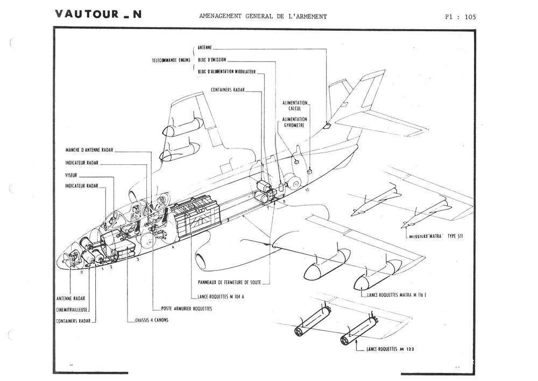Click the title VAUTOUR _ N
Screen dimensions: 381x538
pos(98,15)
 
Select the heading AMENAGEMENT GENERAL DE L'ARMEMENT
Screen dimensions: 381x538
pos(263,16)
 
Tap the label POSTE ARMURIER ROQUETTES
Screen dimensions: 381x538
pos(187,309)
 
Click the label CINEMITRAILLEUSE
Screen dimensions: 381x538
pos(72,309)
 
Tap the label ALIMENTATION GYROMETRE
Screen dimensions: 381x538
pos(295,122)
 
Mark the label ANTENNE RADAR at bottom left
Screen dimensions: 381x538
pos(70,298)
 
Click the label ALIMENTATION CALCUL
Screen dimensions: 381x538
pos(295,105)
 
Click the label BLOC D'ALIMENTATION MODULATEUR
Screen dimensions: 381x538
pos(228,72)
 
